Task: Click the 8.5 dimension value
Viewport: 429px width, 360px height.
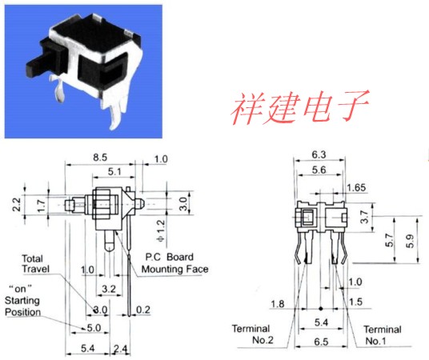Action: coord(100,158)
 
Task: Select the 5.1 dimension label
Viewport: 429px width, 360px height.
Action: coord(114,172)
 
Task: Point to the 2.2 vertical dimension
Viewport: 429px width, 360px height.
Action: coord(17,204)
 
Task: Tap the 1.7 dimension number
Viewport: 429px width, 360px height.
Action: coord(41,206)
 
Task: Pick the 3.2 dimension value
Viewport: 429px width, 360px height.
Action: coord(109,289)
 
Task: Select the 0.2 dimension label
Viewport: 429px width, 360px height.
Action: coord(143,310)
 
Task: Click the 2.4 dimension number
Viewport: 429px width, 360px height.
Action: coord(121,349)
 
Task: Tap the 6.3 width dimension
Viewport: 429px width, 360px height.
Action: coord(319,155)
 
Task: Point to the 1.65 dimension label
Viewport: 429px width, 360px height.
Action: coord(356,188)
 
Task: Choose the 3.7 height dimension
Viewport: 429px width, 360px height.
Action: coord(365,217)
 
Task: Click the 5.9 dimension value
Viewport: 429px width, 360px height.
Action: coord(410,242)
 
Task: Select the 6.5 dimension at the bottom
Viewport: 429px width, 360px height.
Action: coord(321,342)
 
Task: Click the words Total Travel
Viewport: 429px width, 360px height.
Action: coord(36,264)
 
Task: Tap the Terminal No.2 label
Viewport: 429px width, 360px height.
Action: coord(252,334)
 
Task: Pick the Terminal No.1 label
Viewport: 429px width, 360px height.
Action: coord(383,335)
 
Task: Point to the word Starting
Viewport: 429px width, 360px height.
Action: coord(22,301)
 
